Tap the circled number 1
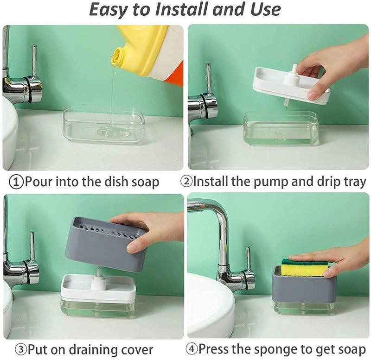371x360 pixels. pyautogui.click(x=16, y=182)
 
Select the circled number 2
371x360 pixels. pyautogui.click(x=187, y=181)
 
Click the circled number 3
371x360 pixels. pyautogui.click(x=21, y=349)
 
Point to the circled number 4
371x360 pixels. pyautogui.click(x=192, y=349)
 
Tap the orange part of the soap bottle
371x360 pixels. pyautogui.click(x=176, y=75)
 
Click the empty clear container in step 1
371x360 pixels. pyautogui.click(x=104, y=124)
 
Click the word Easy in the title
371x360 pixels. pyautogui.click(x=109, y=10)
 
